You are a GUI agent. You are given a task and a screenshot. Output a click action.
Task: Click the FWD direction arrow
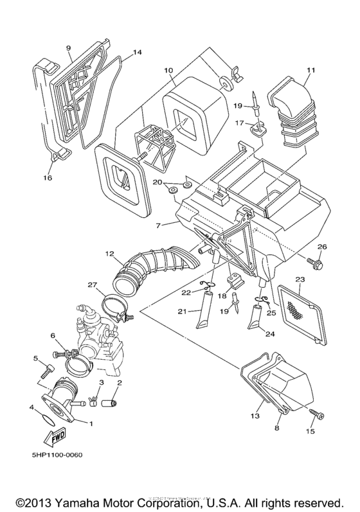[x=55, y=437]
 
